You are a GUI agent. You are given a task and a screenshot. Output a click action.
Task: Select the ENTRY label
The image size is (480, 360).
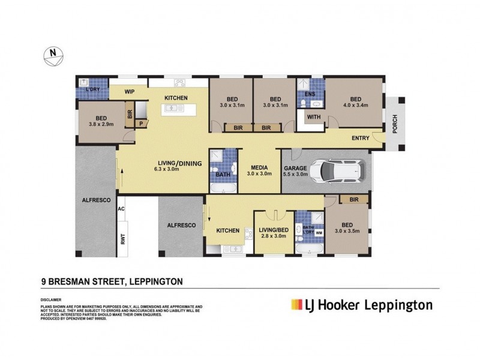coord(361,139)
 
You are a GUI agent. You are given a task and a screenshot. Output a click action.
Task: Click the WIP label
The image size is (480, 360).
coord(129,92)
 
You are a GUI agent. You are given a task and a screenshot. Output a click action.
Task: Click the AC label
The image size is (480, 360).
coord(121,209)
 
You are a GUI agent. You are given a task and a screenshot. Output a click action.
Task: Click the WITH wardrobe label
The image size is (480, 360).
coord(314,116)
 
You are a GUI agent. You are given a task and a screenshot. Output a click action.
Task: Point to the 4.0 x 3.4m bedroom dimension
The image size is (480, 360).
coord(356,106)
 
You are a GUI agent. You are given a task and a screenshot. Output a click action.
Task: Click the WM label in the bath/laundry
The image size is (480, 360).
coord(318,232)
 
